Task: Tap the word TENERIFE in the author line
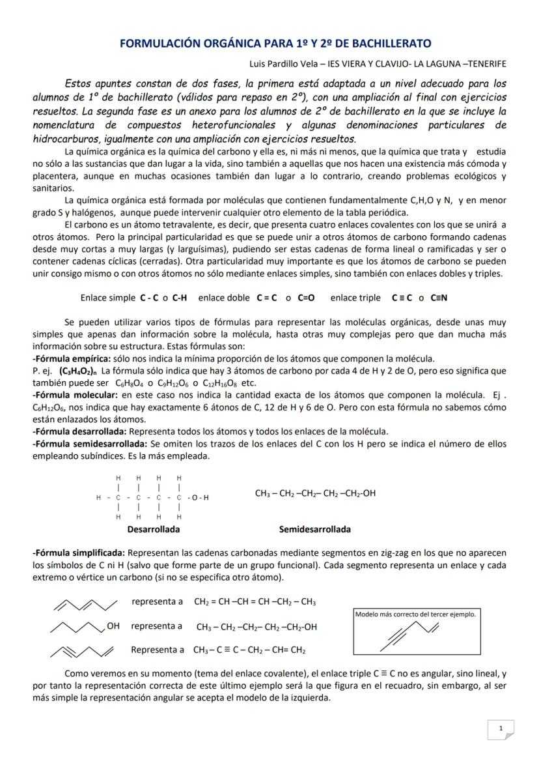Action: pyautogui.click(x=482, y=63)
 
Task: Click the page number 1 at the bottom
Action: pyautogui.click(x=500, y=728)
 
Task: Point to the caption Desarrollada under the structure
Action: pyautogui.click(x=154, y=529)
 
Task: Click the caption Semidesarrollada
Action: pyautogui.click(x=314, y=529)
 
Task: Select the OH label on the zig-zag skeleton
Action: pyautogui.click(x=113, y=626)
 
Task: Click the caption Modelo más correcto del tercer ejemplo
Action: pyautogui.click(x=415, y=614)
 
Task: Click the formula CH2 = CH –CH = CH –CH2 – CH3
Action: pyautogui.click(x=255, y=601)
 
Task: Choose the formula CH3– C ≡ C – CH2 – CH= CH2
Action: pyautogui.click(x=249, y=650)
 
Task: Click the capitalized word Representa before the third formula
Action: pyautogui.click(x=157, y=650)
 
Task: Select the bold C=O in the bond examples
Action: pyautogui.click(x=306, y=298)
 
